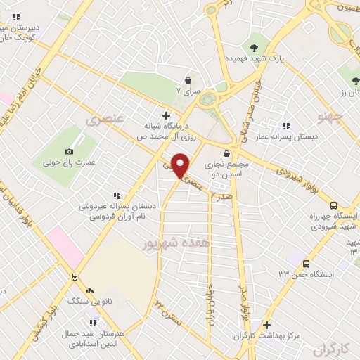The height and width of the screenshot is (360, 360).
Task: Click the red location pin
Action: (180, 165)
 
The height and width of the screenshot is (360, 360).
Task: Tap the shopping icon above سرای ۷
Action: (188, 80)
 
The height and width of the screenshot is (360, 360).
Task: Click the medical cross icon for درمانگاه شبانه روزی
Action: (166, 115)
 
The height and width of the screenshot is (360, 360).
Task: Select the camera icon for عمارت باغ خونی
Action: (69, 151)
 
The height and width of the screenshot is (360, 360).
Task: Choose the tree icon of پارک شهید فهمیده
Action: (254, 37)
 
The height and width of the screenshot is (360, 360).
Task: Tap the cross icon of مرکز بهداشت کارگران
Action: (266, 325)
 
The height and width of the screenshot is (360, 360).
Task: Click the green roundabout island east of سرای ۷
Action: (207, 98)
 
